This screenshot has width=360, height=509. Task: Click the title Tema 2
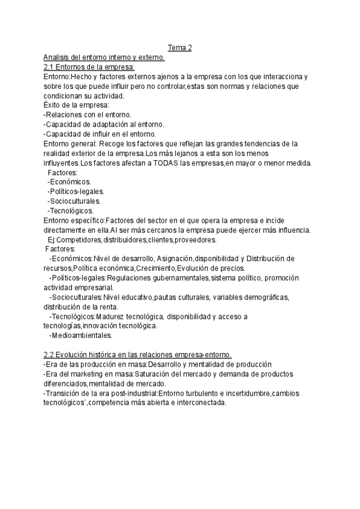point(179,48)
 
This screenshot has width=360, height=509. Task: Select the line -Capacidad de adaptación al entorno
point(103,125)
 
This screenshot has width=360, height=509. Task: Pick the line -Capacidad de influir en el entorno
point(100,134)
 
